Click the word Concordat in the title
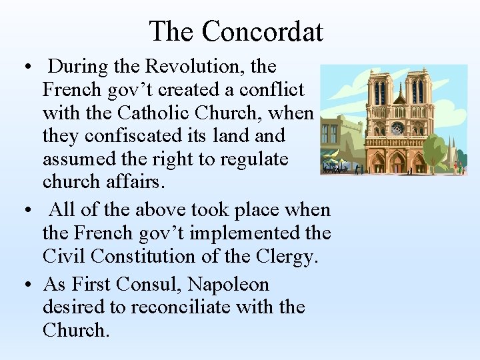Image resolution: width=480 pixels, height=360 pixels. (x=262, y=31)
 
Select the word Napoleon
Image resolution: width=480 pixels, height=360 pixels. (x=228, y=285)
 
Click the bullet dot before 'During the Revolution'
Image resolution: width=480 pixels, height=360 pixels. (x=25, y=68)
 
